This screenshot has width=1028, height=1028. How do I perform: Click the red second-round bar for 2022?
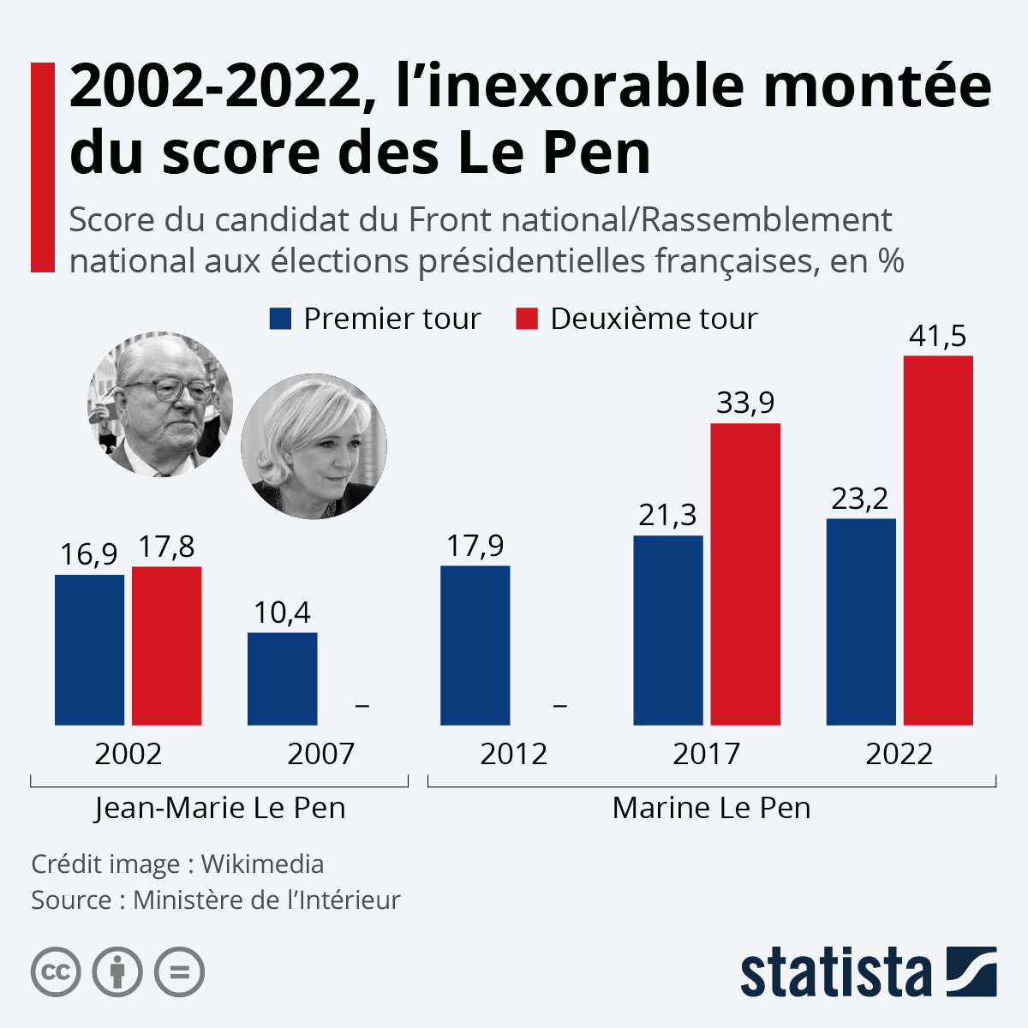[x=938, y=540]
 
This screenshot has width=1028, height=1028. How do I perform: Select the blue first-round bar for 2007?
[x=282, y=678]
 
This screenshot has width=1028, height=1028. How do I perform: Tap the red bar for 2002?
[x=166, y=646]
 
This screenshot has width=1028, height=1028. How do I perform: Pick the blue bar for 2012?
[x=475, y=645]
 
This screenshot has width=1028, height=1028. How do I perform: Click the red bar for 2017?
[x=745, y=574]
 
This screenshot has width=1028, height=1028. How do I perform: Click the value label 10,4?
[x=282, y=613]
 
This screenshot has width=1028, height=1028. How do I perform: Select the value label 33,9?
[x=745, y=403]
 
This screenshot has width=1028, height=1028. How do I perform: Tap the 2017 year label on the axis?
[x=706, y=754]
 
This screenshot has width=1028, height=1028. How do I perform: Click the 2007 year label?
[x=320, y=754]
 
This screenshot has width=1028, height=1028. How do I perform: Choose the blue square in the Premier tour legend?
[x=280, y=319]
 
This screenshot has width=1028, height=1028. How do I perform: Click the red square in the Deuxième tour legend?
[x=527, y=319]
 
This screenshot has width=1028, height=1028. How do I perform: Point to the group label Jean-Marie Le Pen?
[x=219, y=808]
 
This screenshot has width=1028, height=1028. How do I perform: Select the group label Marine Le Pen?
[x=711, y=808]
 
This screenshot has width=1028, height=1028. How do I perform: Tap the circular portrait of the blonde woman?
[x=314, y=445]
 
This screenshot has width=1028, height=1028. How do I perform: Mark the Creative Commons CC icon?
[x=56, y=972]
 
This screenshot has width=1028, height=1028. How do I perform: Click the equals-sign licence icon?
[x=180, y=972]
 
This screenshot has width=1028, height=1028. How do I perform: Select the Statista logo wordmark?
[x=835, y=973]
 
